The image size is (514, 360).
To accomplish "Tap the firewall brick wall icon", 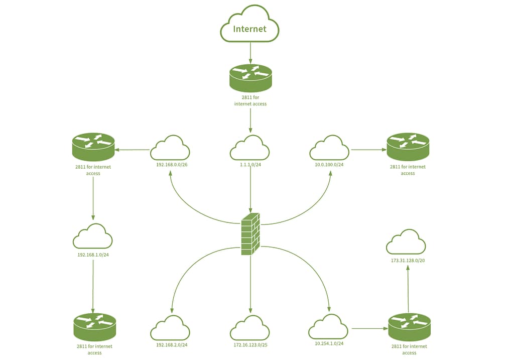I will (250, 234).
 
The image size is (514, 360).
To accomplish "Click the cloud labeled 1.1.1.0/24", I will (250, 148).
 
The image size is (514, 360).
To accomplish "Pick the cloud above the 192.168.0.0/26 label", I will (170, 148).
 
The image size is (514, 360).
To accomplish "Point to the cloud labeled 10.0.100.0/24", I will (329, 148).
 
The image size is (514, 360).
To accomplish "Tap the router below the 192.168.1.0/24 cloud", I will (95, 327).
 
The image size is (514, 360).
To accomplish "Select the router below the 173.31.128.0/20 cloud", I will (410, 327).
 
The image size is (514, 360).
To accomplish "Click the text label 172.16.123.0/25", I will (250, 345).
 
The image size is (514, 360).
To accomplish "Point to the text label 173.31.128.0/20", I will (408, 261).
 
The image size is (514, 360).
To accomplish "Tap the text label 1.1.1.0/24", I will (250, 165).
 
